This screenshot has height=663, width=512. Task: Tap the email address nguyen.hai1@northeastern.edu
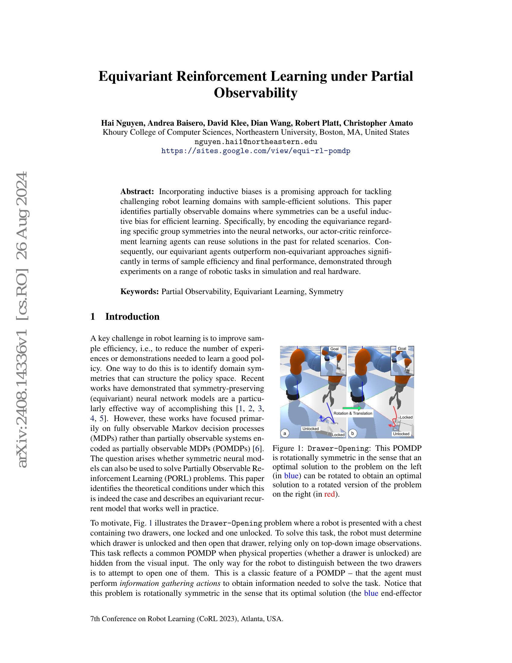[x=256, y=142]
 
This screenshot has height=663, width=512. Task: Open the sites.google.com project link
[x=256, y=151]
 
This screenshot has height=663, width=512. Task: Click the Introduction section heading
[x=132, y=317]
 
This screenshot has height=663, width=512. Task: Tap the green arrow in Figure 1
[x=351, y=408]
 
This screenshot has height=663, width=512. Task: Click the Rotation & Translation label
[x=352, y=413]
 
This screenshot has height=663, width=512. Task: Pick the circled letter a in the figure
[x=285, y=433]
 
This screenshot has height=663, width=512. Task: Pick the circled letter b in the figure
[x=352, y=433]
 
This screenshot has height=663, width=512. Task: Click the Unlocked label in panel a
[x=310, y=429]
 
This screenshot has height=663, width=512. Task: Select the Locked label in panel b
[x=406, y=417]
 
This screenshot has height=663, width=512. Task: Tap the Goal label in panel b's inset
[x=402, y=348]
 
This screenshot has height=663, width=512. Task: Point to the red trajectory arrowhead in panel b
[x=391, y=426]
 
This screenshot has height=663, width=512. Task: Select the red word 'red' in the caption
[x=329, y=494]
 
